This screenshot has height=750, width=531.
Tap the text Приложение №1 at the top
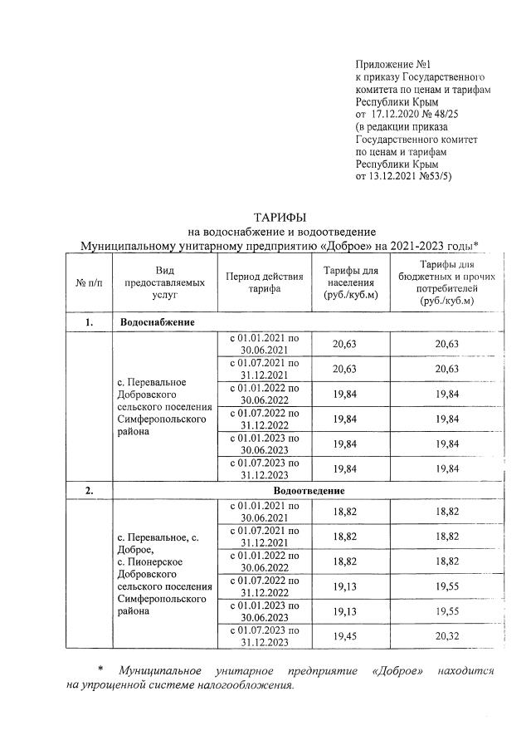tap(392, 64)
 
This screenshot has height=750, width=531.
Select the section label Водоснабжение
tap(158, 321)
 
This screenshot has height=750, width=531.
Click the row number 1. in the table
tap(89, 321)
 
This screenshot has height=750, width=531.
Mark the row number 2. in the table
tap(89, 491)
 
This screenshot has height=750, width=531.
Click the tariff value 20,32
tap(446, 636)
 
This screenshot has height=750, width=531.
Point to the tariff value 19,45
tap(349, 636)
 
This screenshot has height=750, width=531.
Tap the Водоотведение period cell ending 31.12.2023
tap(263, 636)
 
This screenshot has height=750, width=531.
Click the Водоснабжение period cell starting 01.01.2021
tap(263, 344)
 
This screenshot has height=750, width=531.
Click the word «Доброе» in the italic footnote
tap(402, 670)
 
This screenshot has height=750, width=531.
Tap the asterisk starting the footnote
tap(100, 669)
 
